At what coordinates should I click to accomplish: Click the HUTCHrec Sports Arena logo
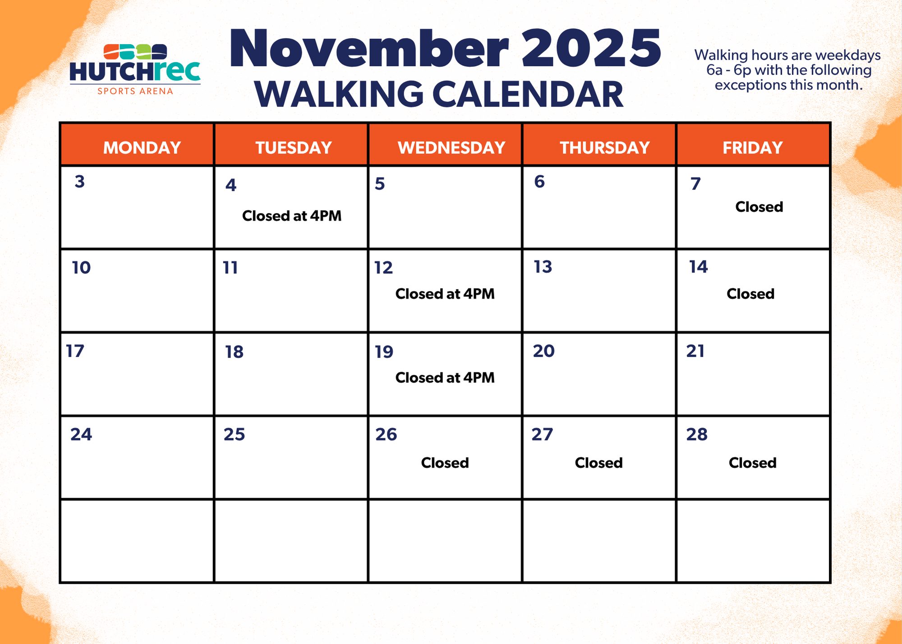[135, 69]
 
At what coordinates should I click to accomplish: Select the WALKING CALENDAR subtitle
[439, 94]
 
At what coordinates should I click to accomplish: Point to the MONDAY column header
[142, 147]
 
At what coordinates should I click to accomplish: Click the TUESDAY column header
[294, 147]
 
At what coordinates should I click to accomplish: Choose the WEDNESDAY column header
[451, 147]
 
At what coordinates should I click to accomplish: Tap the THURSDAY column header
[605, 147]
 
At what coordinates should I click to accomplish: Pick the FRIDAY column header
[753, 147]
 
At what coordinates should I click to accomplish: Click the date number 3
[80, 181]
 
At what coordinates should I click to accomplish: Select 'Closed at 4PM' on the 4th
[292, 216]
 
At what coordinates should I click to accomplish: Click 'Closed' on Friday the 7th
[759, 207]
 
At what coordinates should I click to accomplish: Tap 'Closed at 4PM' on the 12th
[445, 294]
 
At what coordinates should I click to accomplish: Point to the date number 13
[543, 267]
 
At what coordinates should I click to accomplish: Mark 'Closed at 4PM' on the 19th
[445, 377]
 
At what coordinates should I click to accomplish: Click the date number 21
[695, 351]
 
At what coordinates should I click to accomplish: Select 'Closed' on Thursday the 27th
[599, 463]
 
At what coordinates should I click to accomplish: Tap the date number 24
[81, 434]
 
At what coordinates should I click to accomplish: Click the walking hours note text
[788, 70]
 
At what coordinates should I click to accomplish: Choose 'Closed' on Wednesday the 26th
[445, 463]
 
